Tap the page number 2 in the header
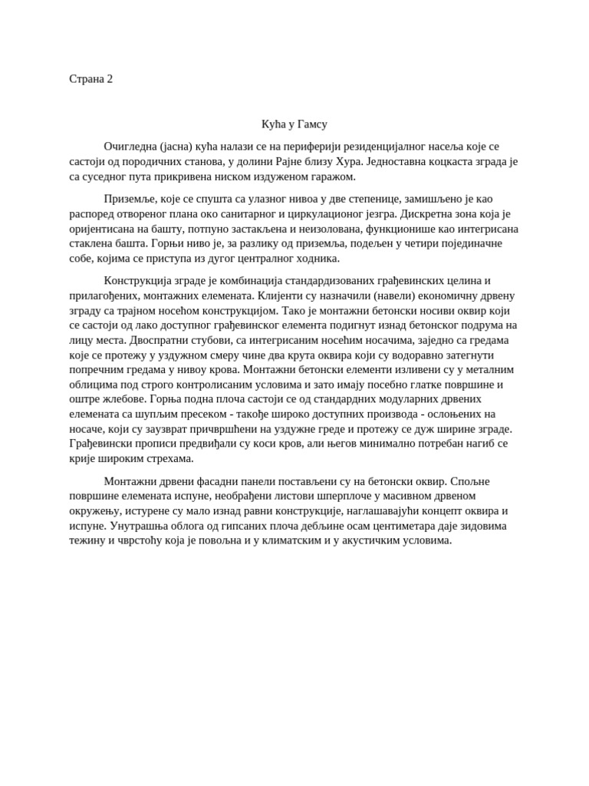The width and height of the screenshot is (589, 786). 110,79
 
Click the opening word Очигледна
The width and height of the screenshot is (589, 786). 131,147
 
